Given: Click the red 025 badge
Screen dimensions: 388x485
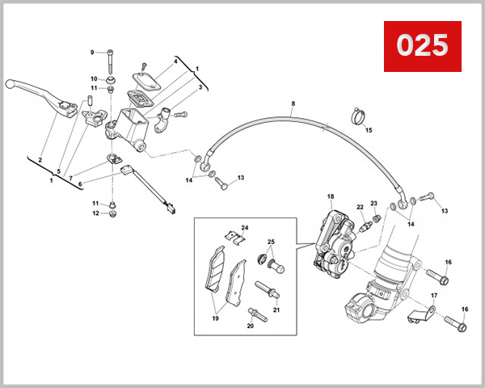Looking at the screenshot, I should click(422, 44).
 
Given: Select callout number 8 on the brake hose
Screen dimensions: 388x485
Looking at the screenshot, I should click(293, 103).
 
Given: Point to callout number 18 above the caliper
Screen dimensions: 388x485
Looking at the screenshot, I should click(330, 196).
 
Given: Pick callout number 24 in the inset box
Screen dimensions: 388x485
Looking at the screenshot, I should click(244, 229).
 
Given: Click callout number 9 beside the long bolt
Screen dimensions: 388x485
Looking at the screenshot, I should click(92, 52).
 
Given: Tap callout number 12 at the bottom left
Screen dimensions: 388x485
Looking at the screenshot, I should click(95, 213).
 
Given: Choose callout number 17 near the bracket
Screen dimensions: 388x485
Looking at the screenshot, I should click(434, 296).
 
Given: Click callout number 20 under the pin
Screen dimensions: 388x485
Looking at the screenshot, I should click(251, 326).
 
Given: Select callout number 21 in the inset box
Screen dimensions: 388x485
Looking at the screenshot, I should click(276, 310).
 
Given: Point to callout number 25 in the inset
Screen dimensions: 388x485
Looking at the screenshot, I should click(271, 242).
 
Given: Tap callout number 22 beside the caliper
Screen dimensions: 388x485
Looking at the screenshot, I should click(361, 208).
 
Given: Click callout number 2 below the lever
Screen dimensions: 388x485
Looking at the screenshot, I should click(40, 160).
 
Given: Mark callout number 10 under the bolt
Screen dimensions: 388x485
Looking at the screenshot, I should click(94, 78).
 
